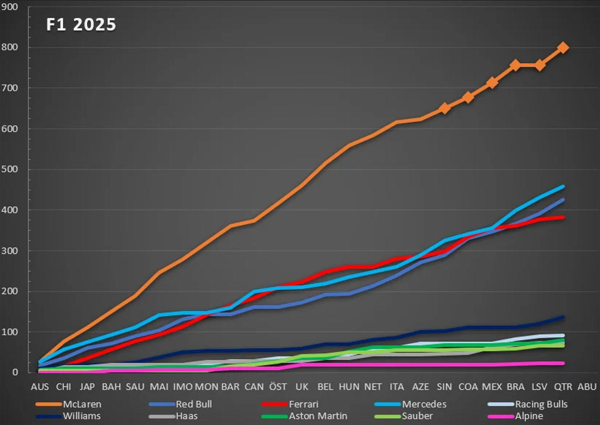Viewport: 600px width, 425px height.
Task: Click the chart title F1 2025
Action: click(x=81, y=25)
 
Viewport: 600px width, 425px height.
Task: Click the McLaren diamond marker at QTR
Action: click(x=563, y=48)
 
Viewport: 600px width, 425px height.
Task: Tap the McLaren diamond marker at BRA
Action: click(x=515, y=65)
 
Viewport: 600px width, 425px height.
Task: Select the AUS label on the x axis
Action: click(x=40, y=387)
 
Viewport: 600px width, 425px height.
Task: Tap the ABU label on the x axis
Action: click(x=587, y=387)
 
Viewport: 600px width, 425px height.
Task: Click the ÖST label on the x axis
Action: click(x=278, y=387)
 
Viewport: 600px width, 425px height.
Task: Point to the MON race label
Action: click(x=206, y=387)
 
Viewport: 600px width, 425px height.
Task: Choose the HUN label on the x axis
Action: click(x=349, y=387)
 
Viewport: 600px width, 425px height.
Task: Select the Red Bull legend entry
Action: click(x=193, y=405)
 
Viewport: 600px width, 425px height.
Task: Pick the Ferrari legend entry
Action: click(x=303, y=405)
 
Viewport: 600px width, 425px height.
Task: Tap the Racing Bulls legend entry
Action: click(x=541, y=405)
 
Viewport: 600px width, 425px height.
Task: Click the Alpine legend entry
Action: click(x=529, y=416)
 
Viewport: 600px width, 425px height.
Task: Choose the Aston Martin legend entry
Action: click(x=318, y=416)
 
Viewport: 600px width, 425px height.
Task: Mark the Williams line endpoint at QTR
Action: click(x=563, y=317)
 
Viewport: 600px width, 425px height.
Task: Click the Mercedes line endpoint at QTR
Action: click(x=563, y=187)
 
